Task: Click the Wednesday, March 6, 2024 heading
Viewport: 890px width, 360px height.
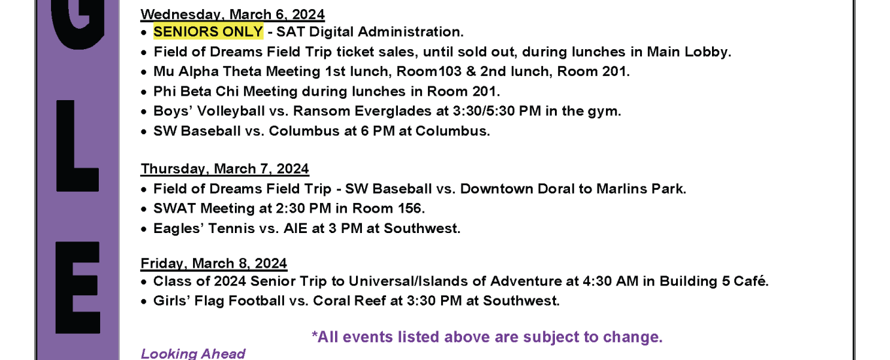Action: click(x=232, y=14)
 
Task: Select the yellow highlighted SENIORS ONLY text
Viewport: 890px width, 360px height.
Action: click(x=208, y=32)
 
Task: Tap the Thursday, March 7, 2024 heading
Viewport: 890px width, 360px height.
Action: click(x=224, y=169)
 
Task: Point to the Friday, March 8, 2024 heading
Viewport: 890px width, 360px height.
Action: click(x=214, y=263)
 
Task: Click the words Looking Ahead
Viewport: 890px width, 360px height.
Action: click(x=193, y=353)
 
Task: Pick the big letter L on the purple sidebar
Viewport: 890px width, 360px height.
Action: click(x=77, y=146)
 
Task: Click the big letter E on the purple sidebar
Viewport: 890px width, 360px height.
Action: click(x=77, y=287)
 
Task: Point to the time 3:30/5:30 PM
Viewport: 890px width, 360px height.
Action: click(x=497, y=111)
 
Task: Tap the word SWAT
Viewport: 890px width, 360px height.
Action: click(x=175, y=209)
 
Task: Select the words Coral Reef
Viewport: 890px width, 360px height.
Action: click(x=349, y=301)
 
